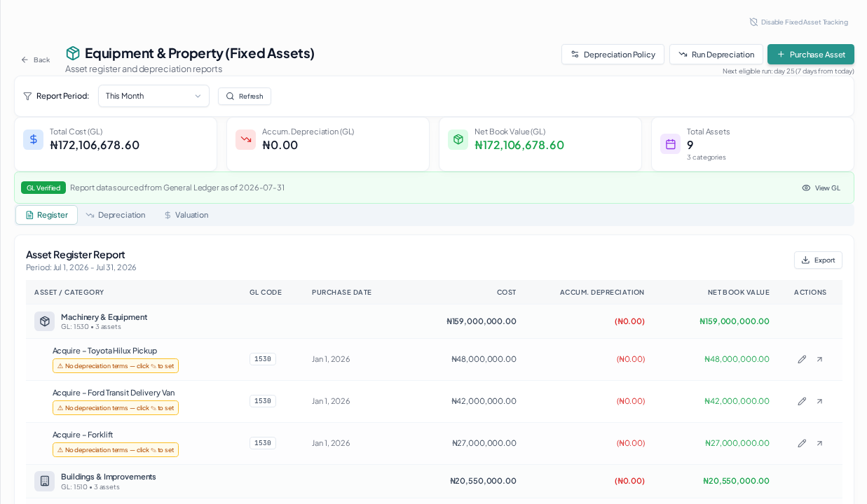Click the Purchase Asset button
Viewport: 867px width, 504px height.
[810, 55]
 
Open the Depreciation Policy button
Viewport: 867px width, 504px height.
[613, 55]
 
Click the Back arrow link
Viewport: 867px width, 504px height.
[36, 60]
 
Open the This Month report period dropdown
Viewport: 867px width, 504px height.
[153, 96]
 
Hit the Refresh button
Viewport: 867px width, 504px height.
[244, 96]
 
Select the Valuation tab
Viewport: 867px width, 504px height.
[186, 215]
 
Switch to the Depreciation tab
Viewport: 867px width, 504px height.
[116, 215]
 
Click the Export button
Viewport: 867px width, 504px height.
[818, 260]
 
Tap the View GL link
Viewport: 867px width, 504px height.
[821, 188]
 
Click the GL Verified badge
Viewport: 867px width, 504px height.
[43, 188]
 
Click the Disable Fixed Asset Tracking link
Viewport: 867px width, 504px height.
[798, 22]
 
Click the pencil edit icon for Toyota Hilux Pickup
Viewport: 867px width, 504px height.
[802, 359]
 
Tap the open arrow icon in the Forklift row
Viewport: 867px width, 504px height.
[819, 443]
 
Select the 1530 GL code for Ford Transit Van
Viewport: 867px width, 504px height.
[262, 401]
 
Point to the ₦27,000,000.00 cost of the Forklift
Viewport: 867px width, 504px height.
[484, 443]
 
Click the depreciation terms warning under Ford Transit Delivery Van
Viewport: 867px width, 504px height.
[116, 408]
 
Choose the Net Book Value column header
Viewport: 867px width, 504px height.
[739, 292]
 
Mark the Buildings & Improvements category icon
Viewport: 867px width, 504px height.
[45, 481]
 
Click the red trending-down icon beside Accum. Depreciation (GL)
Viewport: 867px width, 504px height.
[246, 139]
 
